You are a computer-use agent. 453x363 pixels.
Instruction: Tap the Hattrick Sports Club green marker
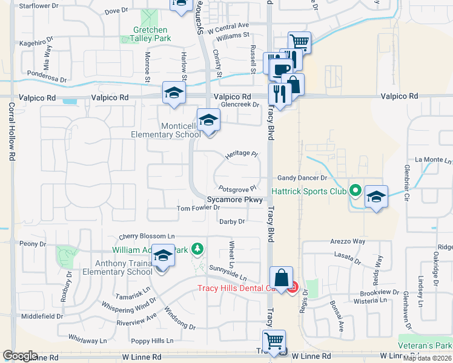355,191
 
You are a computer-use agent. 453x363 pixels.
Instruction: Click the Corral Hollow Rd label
12,131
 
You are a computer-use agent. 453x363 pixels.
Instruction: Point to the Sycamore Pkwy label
235,199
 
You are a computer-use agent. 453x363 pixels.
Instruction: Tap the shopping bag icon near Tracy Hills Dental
282,278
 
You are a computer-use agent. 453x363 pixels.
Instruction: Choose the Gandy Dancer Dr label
302,178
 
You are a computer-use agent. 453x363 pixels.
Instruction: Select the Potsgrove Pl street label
238,189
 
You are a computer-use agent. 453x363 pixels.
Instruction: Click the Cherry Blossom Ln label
147,236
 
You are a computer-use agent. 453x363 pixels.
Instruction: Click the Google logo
20,356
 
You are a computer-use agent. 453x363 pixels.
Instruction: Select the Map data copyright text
425,358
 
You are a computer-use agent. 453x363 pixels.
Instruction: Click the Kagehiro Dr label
36,44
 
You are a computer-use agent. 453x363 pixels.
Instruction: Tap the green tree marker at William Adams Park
196,248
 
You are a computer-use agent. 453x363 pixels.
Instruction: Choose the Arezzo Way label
348,241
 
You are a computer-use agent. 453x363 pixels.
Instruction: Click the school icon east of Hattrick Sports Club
376,197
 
